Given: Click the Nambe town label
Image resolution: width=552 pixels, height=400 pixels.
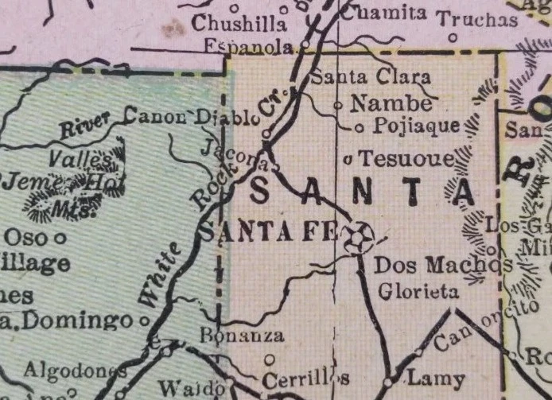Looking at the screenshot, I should click(x=392, y=103).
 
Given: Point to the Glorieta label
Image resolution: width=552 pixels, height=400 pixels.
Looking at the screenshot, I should click(x=418, y=292).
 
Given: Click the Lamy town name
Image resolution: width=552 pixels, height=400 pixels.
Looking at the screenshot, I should click(x=429, y=377).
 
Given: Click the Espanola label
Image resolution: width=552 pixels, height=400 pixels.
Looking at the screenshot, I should click(x=249, y=47).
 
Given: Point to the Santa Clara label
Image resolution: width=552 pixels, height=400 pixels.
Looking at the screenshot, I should click(x=370, y=78).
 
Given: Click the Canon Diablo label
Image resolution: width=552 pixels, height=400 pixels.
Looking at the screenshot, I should click(x=192, y=118).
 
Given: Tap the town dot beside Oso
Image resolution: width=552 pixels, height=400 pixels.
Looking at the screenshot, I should click(x=60, y=237).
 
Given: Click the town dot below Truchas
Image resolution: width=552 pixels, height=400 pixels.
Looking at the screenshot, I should click(x=453, y=37).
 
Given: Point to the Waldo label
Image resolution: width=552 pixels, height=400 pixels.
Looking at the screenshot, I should click(x=190, y=388).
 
